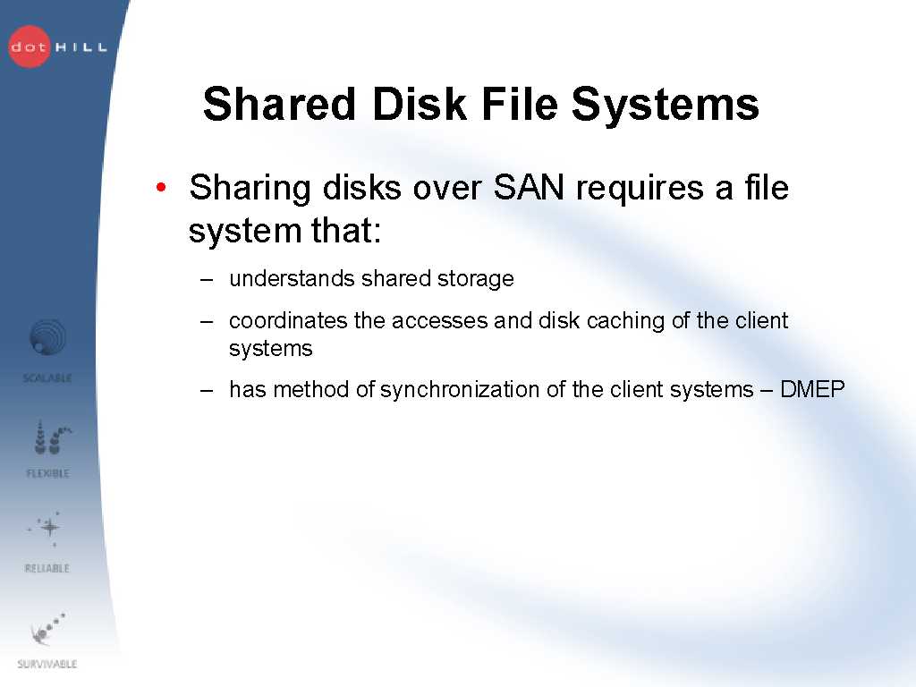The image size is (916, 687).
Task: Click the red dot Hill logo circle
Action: [30, 47]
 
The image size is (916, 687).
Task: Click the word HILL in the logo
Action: [81, 47]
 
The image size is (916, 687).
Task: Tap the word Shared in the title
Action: [279, 104]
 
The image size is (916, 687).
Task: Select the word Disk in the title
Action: [419, 104]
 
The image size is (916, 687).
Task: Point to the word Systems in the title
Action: [665, 106]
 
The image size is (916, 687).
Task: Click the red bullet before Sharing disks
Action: [161, 188]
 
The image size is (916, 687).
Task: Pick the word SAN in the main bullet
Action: [529, 188]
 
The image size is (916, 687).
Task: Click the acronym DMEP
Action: [812, 389]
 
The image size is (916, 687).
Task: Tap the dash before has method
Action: [207, 390]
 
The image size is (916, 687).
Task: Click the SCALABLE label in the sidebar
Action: [47, 378]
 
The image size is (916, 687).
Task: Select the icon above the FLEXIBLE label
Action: [51, 437]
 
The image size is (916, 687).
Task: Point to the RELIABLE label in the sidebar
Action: [47, 568]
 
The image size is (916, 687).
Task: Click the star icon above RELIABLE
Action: [49, 528]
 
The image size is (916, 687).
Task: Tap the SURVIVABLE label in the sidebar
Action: [47, 664]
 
